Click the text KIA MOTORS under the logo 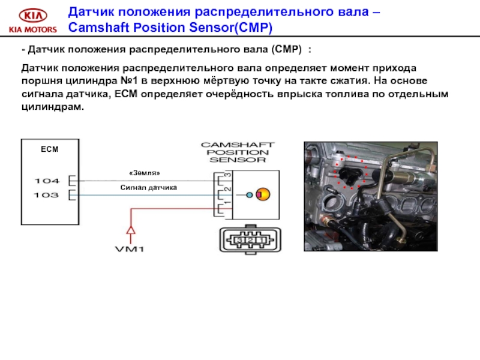(32, 29)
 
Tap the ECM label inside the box (49, 149)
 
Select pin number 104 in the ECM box (46, 180)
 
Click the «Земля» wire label (145, 173)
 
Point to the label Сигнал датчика (149, 188)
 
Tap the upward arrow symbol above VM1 (130, 230)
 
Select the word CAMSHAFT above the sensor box (237, 145)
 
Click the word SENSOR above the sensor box (237, 160)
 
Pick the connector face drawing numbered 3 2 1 (247, 241)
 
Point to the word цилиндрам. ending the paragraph (53, 106)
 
